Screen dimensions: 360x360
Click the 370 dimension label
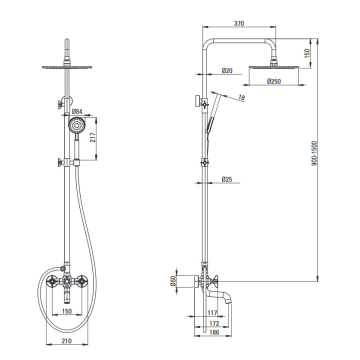point(239,23)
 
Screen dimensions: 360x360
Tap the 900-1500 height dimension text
point(314,153)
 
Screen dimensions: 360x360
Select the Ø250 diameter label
point(274,81)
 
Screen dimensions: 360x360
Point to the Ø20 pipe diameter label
point(227,70)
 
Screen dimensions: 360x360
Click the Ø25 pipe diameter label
point(227,179)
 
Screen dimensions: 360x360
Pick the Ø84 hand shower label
point(77,111)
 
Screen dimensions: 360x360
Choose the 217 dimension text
point(93,137)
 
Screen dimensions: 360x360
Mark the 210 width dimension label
point(66,341)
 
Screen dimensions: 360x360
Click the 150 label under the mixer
point(67,311)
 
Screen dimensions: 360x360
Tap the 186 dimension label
point(214,332)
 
